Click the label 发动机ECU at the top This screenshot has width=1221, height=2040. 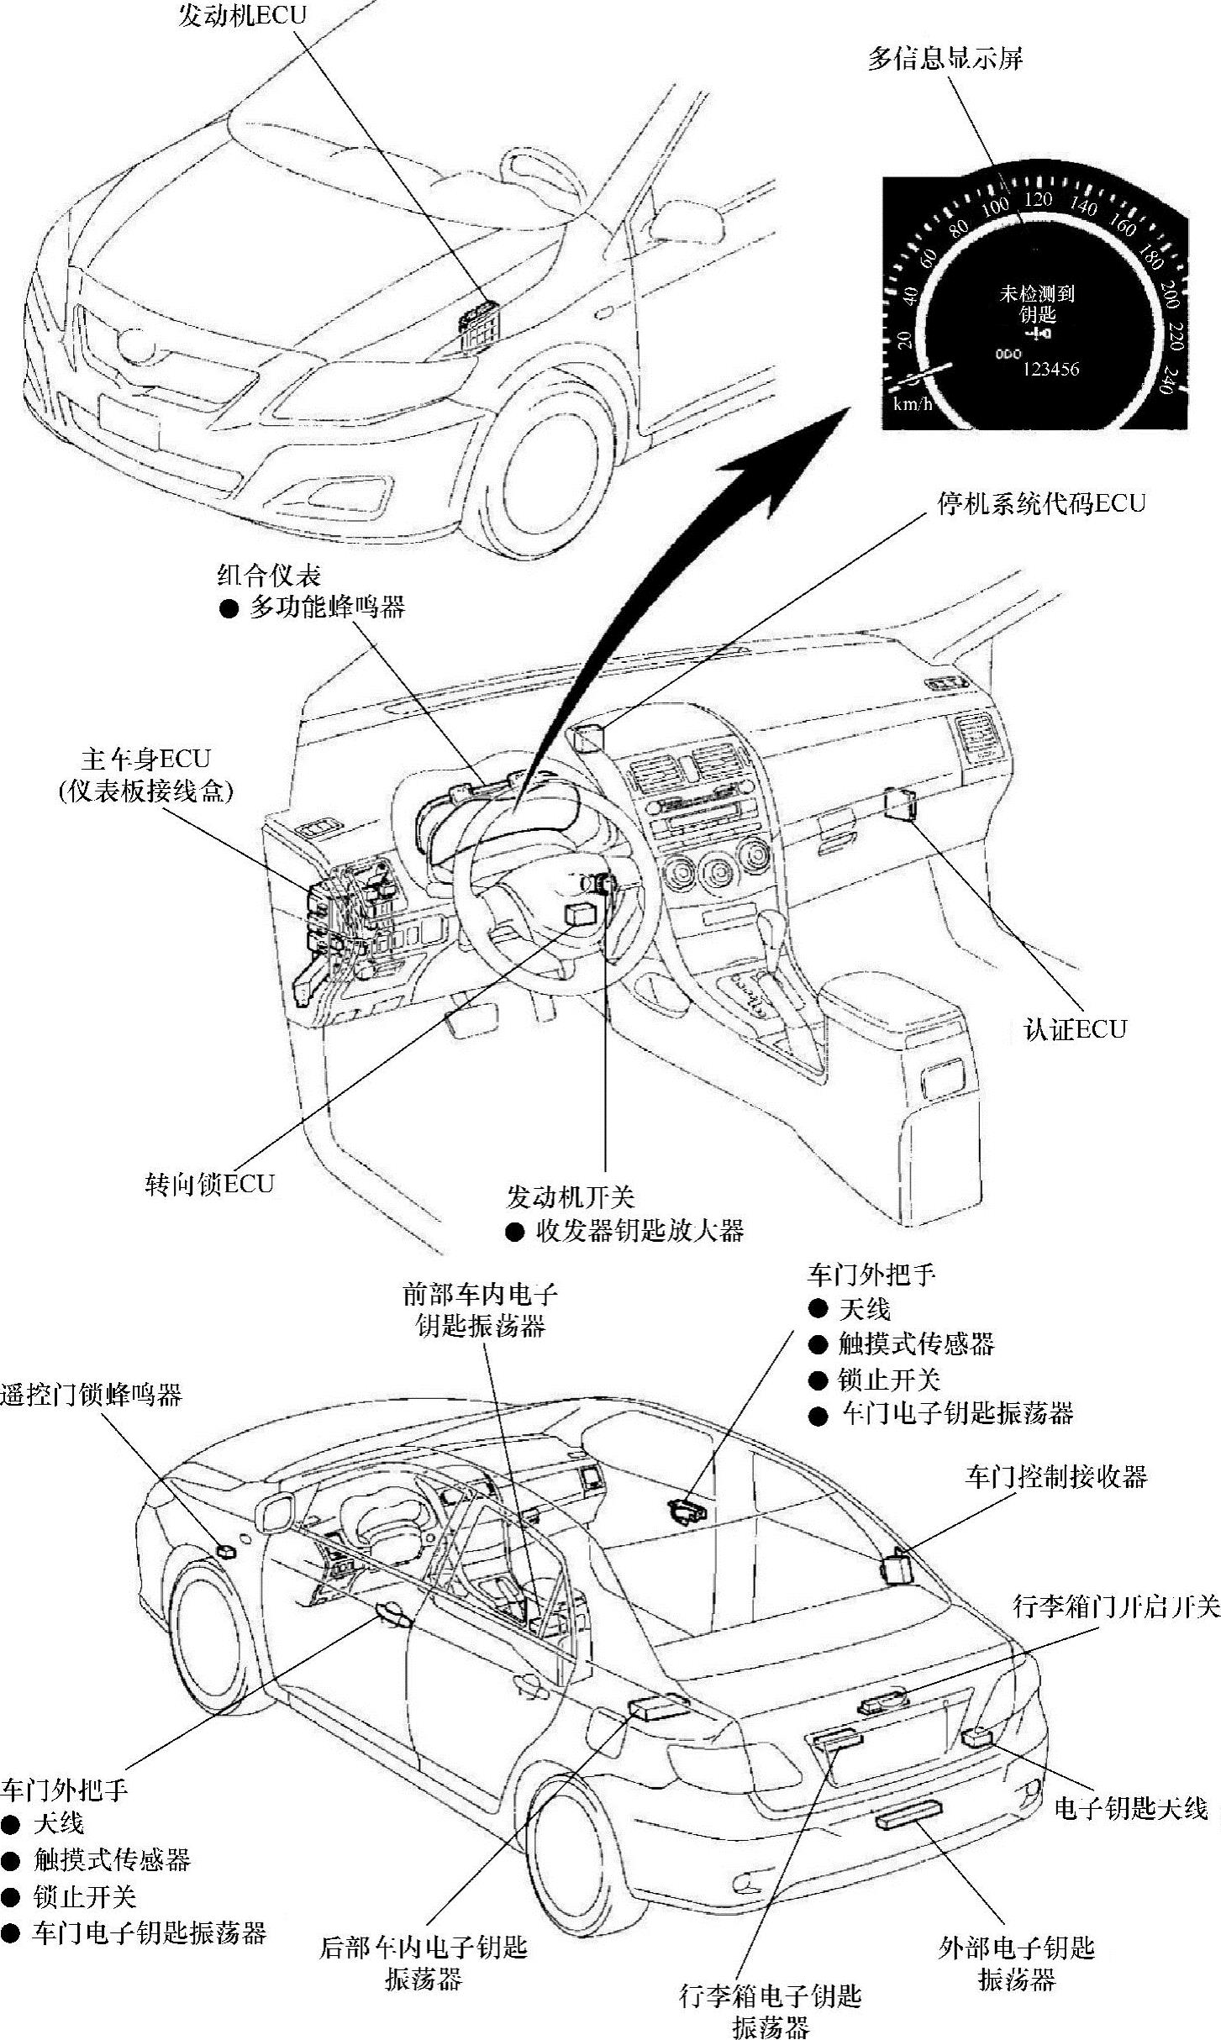(x=242, y=16)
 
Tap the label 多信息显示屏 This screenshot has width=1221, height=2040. (x=945, y=60)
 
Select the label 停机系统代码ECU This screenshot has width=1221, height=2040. (x=1041, y=503)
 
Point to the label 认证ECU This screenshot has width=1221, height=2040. (x=1075, y=1030)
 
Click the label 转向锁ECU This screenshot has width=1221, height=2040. (x=210, y=1185)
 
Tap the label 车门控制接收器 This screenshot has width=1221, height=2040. (x=1055, y=1476)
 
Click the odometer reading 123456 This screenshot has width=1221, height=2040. (x=1050, y=370)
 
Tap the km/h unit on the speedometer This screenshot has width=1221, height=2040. (x=913, y=404)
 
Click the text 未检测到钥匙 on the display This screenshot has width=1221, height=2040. (x=1037, y=304)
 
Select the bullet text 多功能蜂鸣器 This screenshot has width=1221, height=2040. (x=327, y=607)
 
